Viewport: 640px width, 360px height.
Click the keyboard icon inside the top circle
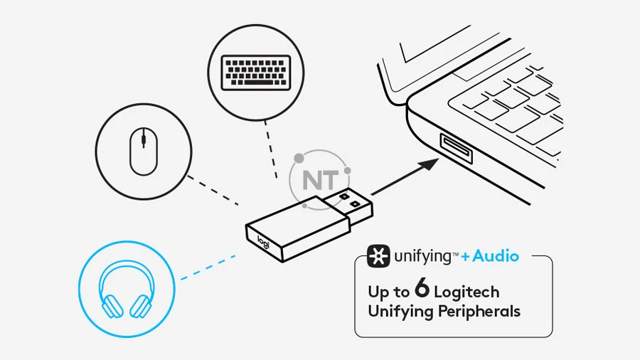click(256, 73)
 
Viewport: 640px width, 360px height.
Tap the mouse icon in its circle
click(143, 151)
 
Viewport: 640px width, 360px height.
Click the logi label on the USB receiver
click(263, 242)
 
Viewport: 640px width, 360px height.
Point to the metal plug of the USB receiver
click(348, 207)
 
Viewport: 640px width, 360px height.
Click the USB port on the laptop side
click(457, 149)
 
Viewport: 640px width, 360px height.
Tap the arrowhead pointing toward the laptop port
click(429, 164)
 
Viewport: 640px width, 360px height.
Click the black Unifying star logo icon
click(378, 256)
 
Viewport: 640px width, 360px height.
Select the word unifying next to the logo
click(422, 256)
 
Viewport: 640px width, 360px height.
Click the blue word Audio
click(496, 256)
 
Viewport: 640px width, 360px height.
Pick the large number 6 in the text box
click(422, 287)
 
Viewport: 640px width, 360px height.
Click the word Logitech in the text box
click(466, 292)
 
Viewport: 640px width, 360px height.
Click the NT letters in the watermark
click(321, 180)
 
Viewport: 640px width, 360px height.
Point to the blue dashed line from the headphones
click(208, 268)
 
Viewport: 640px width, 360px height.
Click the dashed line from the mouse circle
click(213, 191)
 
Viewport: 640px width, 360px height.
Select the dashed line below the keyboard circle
click(271, 149)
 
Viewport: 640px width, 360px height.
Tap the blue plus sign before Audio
click(465, 257)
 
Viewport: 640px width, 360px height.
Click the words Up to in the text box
click(388, 292)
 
